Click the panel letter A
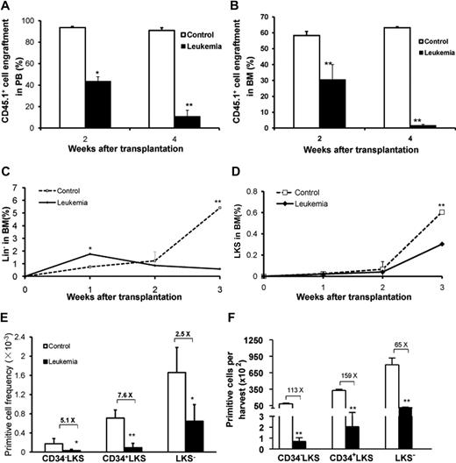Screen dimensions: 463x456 (x=6, y=7)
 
